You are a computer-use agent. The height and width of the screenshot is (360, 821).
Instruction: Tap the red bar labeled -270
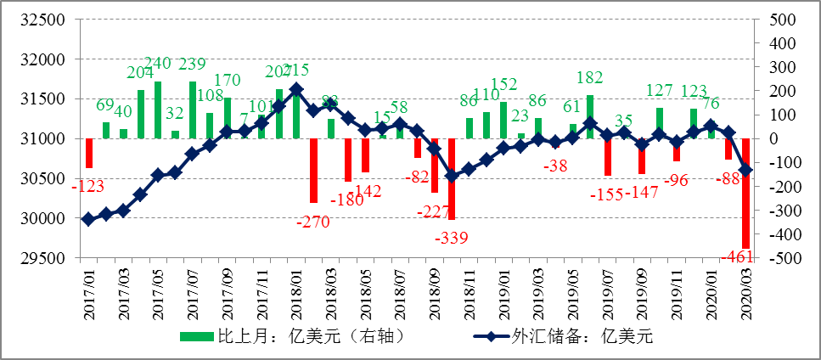[313, 170]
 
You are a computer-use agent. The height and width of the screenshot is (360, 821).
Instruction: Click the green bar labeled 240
[158, 110]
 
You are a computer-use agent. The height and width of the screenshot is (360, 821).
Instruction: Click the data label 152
[503, 84]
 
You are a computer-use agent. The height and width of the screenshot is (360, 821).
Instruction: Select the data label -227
[431, 211]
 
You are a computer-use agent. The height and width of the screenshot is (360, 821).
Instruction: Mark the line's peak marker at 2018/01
[296, 89]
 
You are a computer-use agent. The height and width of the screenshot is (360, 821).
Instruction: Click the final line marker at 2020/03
[746, 171]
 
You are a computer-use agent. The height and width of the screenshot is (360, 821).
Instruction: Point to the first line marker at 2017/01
[89, 219]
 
